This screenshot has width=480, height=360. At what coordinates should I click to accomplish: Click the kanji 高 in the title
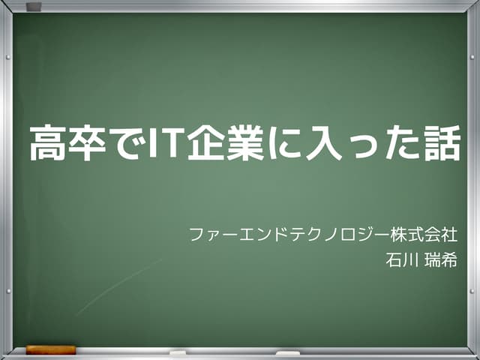point(46,144)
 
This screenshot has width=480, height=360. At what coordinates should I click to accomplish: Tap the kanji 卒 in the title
point(84,144)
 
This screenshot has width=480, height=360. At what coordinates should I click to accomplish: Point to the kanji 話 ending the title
point(438,144)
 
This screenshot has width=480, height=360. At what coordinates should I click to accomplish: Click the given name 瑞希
point(440,261)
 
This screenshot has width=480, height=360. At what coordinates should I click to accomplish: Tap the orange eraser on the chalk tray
point(51,349)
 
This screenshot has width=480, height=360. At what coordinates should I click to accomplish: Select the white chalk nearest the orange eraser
point(178,352)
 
